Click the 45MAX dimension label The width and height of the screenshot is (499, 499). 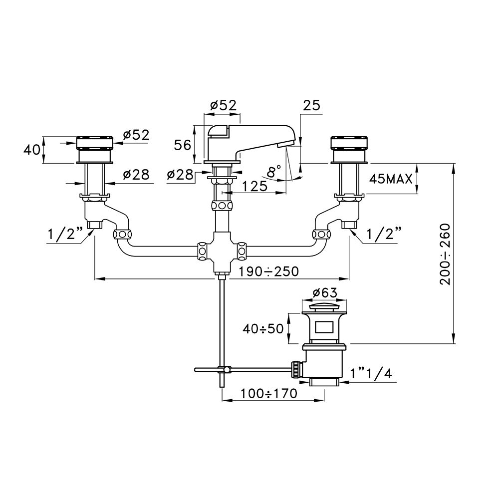pyautogui.click(x=391, y=180)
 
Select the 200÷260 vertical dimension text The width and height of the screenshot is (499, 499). pyautogui.click(x=445, y=254)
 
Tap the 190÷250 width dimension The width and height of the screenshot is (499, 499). pyautogui.click(x=268, y=271)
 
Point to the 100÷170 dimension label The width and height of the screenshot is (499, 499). pyautogui.click(x=268, y=394)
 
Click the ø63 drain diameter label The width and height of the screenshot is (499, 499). pyautogui.click(x=324, y=292)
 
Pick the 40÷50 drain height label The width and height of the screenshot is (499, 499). pyautogui.click(x=263, y=329)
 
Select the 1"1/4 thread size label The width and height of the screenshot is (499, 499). pyautogui.click(x=371, y=373)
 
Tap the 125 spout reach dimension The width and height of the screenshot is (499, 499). pyautogui.click(x=254, y=186)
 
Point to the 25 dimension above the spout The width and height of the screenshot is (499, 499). pyautogui.click(x=311, y=105)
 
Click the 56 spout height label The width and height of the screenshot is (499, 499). pyautogui.click(x=182, y=145)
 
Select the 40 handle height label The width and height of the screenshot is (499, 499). pyautogui.click(x=32, y=150)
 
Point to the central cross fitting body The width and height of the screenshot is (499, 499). pyautogui.click(x=222, y=252)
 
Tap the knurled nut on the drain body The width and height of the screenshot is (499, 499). pyautogui.click(x=296, y=369)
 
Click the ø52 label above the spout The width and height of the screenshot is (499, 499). pyautogui.click(x=224, y=105)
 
